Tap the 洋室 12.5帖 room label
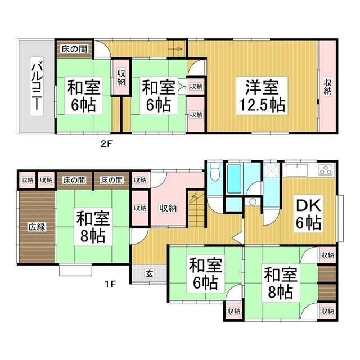click(x=262, y=96)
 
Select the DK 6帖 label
click(x=308, y=214)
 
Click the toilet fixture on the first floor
click(x=215, y=172)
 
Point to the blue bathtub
click(x=234, y=179)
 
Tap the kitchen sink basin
click(x=296, y=170)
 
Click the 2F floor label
click(x=106, y=144)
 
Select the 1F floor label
click(x=110, y=285)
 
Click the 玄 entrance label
click(x=150, y=274)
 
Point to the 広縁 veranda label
click(x=37, y=227)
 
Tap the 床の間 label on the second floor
click(x=74, y=49)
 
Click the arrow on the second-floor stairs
click(x=175, y=49)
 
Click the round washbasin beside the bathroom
click(x=253, y=202)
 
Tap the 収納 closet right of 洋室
click(x=328, y=86)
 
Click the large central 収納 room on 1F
click(x=168, y=208)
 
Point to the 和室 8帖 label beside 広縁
click(x=93, y=227)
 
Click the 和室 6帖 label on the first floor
click(x=205, y=274)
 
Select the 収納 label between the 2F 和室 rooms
click(x=121, y=77)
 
